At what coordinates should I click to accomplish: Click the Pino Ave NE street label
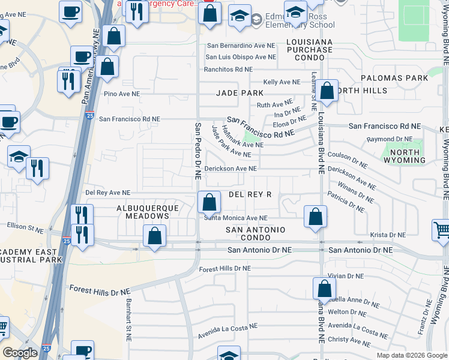click(x=122, y=94)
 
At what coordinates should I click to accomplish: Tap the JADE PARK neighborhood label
click(x=240, y=93)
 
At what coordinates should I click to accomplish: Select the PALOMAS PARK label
click(x=394, y=78)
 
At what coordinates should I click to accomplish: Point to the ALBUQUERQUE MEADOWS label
click(x=148, y=213)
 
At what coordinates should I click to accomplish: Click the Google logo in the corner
click(x=20, y=353)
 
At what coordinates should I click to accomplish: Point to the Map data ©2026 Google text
click(x=411, y=355)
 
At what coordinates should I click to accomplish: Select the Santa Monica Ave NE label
click(x=235, y=218)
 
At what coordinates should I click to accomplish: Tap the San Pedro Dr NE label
click(x=197, y=151)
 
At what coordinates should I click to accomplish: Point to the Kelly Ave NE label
click(x=282, y=82)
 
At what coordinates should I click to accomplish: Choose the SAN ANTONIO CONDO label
click(x=255, y=235)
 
